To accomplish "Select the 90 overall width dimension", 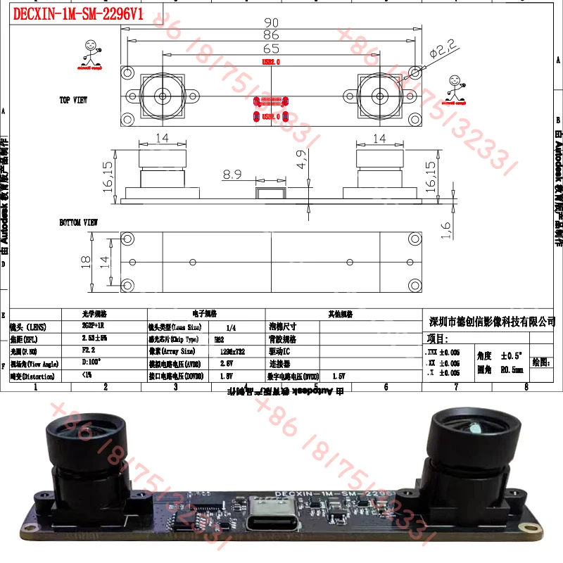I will click(271, 23).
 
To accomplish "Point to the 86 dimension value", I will click(271, 35).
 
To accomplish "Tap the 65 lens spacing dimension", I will click(270, 49).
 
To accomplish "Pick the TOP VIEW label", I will click(73, 101).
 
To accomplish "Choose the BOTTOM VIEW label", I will click(78, 222).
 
